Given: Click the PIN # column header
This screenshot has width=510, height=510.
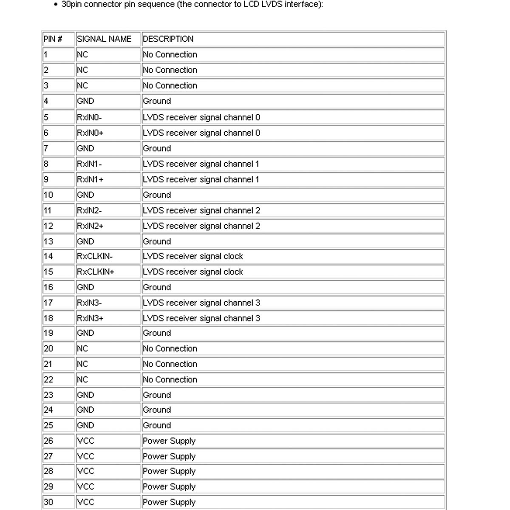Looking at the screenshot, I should coord(53,39).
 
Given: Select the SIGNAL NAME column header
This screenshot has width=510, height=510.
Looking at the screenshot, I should coord(104,39).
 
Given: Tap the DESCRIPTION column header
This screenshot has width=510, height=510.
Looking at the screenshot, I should coord(168,39).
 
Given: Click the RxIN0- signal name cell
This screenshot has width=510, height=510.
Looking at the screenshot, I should coord(89,117).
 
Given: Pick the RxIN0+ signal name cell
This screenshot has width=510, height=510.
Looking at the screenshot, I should coord(90,133).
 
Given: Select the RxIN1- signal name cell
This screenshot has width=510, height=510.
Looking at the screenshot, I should coord(89,164).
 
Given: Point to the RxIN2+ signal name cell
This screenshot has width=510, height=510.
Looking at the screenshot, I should coord(90,226).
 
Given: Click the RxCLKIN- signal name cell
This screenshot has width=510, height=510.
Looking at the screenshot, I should coord(95,256).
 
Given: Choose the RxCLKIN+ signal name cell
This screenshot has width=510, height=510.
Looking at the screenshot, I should coord(96,272).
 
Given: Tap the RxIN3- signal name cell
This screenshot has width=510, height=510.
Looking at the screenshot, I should coord(89,303).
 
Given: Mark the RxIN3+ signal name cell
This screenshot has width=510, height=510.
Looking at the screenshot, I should coord(90,318).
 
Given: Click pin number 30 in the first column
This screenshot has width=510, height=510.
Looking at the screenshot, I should coord(48,502).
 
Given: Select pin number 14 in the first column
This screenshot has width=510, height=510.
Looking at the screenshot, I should coord(48,256).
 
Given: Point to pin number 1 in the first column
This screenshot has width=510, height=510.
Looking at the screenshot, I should coord(46,55).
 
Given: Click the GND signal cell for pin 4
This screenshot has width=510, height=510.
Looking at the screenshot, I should coord(85,101).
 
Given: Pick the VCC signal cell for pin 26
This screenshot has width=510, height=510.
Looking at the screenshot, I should coord(85,441).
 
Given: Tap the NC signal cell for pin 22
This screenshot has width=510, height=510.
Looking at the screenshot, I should coord(82,380).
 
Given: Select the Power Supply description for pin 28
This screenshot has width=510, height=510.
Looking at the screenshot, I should coord(169,471).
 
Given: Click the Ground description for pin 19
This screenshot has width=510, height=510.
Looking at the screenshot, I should coord(157,333).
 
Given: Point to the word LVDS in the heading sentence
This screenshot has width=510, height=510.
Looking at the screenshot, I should coord(266,5).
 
